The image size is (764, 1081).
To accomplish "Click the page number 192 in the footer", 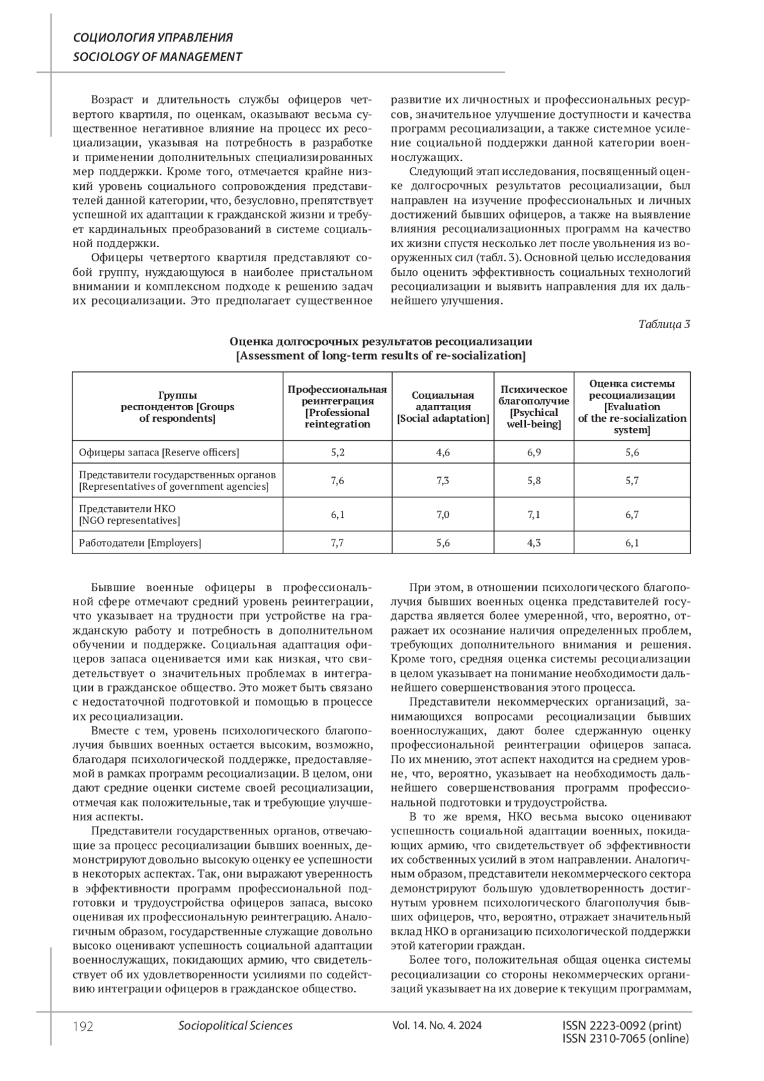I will tap(83, 1026).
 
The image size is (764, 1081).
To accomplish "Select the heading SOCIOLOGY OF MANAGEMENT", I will tap(157, 56).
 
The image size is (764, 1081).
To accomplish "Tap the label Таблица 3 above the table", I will tap(664, 324).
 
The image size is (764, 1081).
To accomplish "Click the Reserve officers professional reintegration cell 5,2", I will tap(337, 452).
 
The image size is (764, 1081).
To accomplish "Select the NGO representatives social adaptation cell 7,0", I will tap(442, 515).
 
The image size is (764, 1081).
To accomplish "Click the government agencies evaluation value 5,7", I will tap(632, 480).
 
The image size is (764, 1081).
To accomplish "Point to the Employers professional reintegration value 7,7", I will tap(337, 543).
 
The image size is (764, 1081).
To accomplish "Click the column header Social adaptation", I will tap(442, 406).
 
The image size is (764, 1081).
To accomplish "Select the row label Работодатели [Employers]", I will tap(140, 543).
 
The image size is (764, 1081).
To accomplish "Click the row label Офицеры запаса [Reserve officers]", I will tap(159, 452).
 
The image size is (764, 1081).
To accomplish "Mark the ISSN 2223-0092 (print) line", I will tap(622, 1026).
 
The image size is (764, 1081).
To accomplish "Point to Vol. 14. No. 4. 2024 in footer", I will tap(437, 1026).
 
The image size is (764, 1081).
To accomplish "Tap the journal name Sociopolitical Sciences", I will tap(236, 1026).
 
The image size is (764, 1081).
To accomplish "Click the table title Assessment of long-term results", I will tap(381, 355).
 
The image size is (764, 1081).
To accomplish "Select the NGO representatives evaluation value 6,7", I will tap(632, 515).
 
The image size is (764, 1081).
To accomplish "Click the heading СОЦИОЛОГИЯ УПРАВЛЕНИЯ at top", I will tap(153, 38).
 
